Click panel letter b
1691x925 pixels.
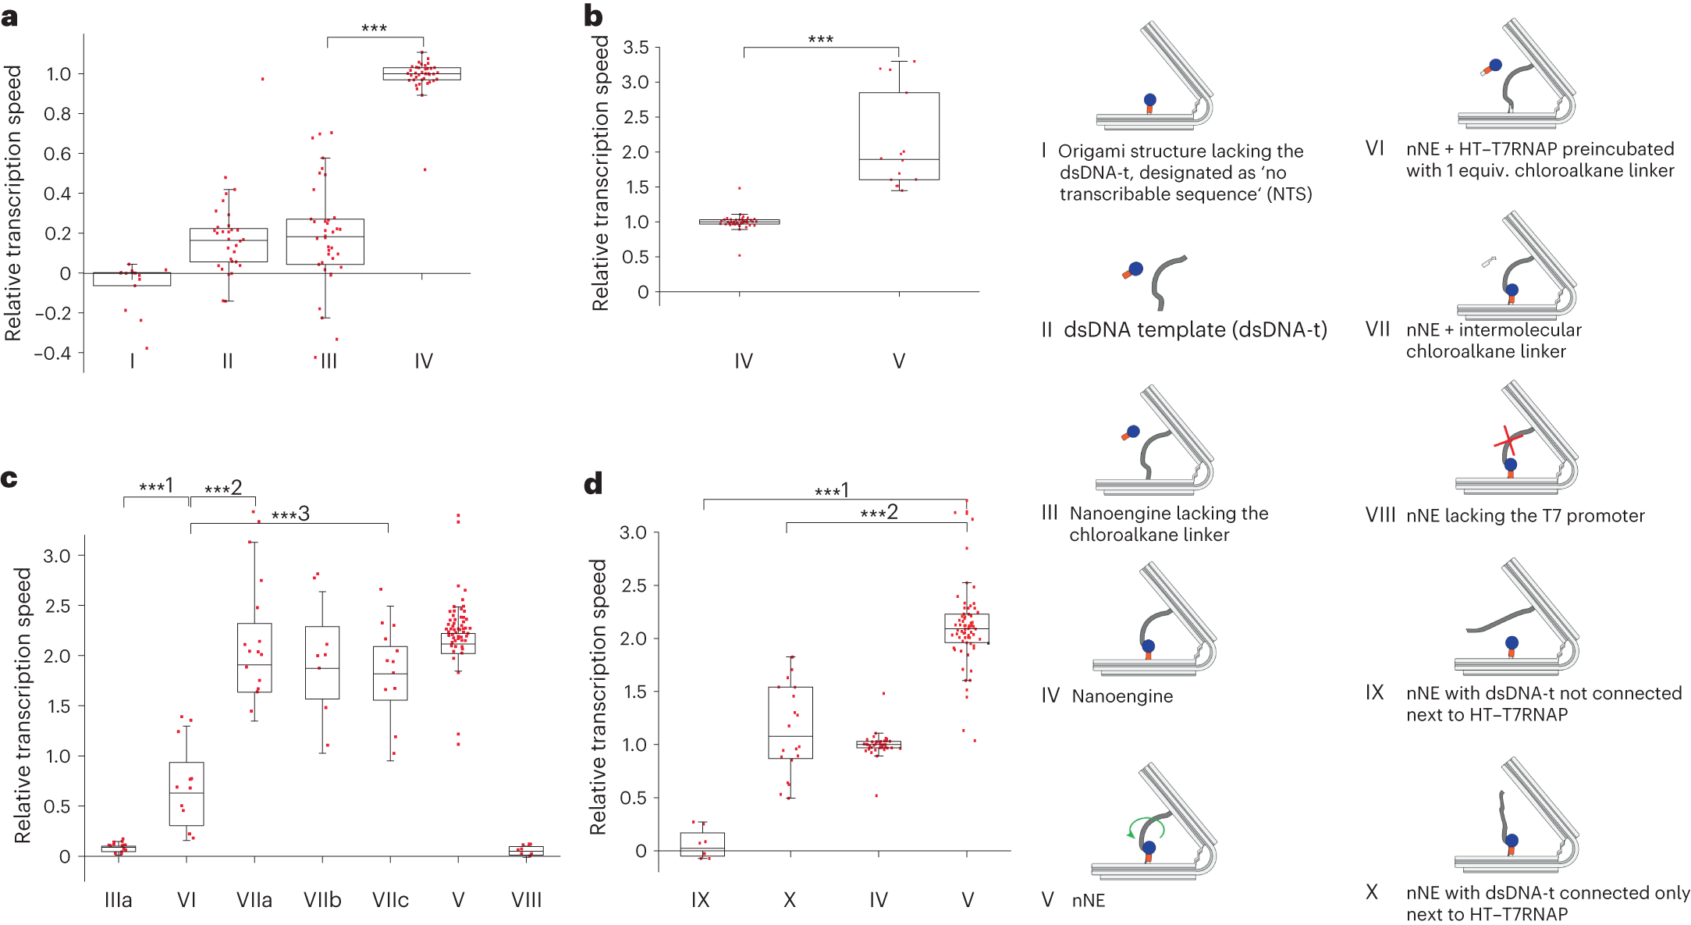(593, 16)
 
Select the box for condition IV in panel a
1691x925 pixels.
(421, 73)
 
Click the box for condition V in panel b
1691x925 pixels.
(898, 136)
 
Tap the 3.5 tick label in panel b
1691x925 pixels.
(636, 48)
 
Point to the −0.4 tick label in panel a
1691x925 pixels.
(52, 353)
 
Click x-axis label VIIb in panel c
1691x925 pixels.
(322, 900)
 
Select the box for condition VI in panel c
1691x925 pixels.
(187, 793)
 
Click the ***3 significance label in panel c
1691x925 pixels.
(290, 514)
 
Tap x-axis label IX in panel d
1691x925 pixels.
(700, 900)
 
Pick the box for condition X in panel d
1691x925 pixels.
(790, 722)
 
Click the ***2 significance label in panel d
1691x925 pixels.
(879, 513)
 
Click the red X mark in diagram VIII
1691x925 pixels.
(1508, 442)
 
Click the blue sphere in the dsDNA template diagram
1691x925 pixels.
(1136, 269)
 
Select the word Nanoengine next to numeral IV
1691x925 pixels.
(1121, 696)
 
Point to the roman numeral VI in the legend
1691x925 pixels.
(1374, 148)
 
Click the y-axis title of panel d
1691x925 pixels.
(598, 696)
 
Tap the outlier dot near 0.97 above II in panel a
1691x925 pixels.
(262, 79)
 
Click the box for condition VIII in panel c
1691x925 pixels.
(526, 850)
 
